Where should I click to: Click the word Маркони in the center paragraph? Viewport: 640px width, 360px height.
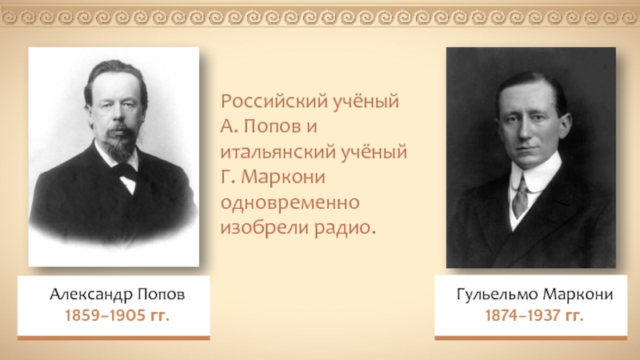point(283,177)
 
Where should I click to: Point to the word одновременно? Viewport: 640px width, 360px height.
point(290,202)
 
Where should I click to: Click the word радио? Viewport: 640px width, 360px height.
point(345,228)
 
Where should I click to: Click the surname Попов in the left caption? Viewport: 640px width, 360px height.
point(162,294)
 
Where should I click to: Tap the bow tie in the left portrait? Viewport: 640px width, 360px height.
point(124,171)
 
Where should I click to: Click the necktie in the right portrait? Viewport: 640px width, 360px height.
point(520,198)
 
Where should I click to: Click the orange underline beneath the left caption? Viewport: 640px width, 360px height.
point(114,338)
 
